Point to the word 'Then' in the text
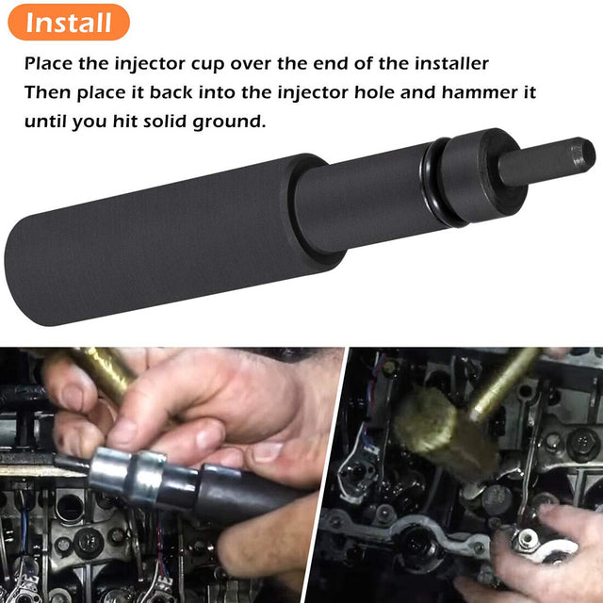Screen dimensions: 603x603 pos(47,93)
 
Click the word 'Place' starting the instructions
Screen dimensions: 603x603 pos(49,65)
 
